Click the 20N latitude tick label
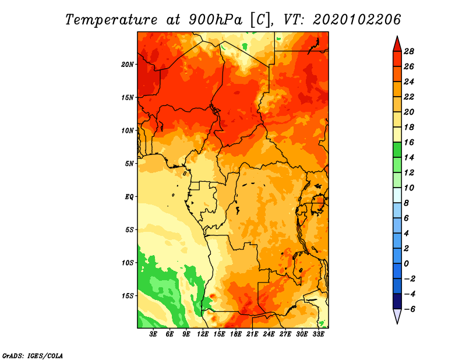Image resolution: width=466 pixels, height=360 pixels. [128, 65]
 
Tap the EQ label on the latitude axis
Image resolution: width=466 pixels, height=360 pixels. [129, 197]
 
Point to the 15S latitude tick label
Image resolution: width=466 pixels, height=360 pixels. [128, 296]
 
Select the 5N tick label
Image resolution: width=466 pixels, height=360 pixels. [129, 164]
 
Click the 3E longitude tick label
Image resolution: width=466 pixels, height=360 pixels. [153, 334]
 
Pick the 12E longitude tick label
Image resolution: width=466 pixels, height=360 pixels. [203, 334]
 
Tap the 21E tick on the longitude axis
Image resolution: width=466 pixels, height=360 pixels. [252, 334]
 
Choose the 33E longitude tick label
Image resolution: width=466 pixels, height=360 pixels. [318, 334]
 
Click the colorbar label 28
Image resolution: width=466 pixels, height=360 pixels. [409, 51]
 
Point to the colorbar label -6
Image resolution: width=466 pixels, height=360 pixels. [409, 309]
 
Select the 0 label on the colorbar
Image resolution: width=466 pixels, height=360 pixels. [406, 264]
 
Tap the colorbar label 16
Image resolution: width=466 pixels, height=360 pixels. [409, 142]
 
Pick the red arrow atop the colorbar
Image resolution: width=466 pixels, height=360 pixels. [397, 44]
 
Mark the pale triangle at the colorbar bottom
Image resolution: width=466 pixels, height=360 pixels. [397, 316]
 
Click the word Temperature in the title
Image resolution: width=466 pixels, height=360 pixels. [111, 20]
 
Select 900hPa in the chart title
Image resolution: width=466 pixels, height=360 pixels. [216, 20]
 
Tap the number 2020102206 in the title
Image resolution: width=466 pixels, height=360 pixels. [357, 20]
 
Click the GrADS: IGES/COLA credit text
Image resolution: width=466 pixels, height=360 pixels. [33, 355]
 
